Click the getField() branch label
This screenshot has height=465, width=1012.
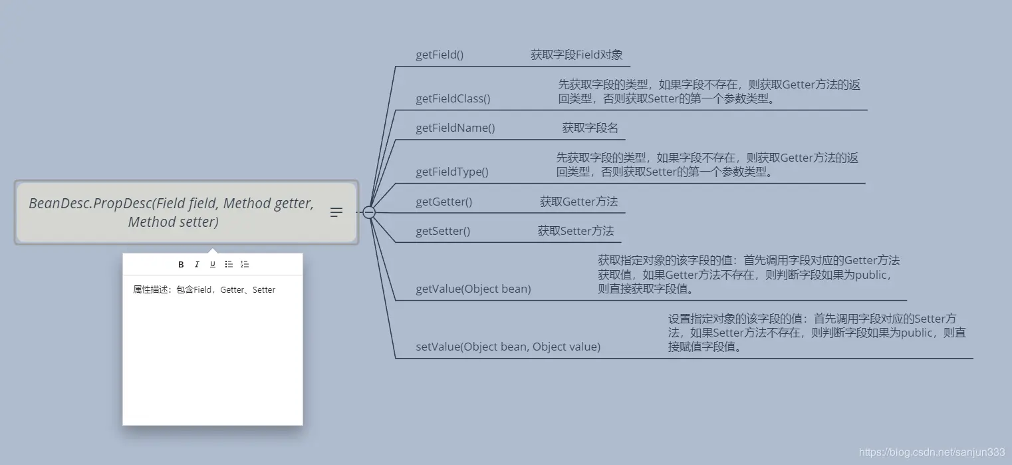(x=440, y=55)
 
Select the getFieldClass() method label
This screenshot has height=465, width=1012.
(x=453, y=99)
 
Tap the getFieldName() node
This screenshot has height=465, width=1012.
(x=455, y=128)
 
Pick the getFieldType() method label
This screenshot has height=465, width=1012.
(x=452, y=172)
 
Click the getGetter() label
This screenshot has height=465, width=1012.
(x=444, y=202)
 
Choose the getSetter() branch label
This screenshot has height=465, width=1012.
(x=443, y=232)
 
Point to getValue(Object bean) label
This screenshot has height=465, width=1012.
(x=473, y=289)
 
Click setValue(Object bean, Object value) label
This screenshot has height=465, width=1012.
(x=508, y=347)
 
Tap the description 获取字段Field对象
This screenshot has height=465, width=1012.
(x=576, y=55)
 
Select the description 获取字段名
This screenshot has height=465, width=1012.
(x=590, y=128)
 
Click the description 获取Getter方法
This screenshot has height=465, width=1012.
(x=578, y=202)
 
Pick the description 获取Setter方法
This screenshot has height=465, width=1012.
(x=576, y=232)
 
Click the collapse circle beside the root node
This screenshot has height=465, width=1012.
(x=369, y=212)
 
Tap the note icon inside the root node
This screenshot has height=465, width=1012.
(x=336, y=212)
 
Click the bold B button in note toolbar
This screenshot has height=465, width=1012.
(x=181, y=265)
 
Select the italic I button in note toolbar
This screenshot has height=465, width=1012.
(x=197, y=265)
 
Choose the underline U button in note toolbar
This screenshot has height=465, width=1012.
(x=213, y=265)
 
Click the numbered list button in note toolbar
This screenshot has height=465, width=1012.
(x=245, y=265)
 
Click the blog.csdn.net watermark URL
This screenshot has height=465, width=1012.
(x=932, y=452)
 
